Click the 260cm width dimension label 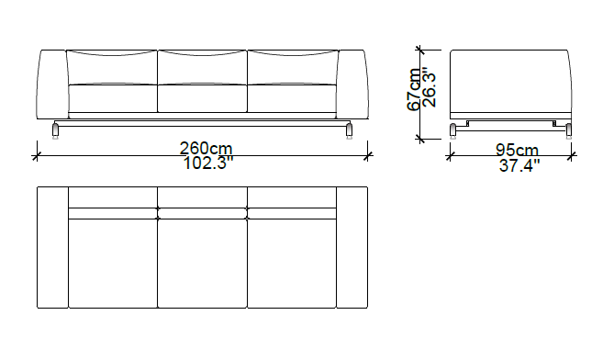pyautogui.click(x=207, y=148)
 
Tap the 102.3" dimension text pyautogui.click(x=208, y=163)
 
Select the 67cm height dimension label pyautogui.click(x=414, y=89)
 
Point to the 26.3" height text pyautogui.click(x=430, y=87)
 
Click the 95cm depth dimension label pyautogui.click(x=518, y=150)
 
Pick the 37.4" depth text pyautogui.click(x=519, y=166)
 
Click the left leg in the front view pyautogui.click(x=55, y=130)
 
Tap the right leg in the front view pyautogui.click(x=349, y=130)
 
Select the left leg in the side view pyautogui.click(x=453, y=130)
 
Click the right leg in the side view pyautogui.click(x=569, y=130)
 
